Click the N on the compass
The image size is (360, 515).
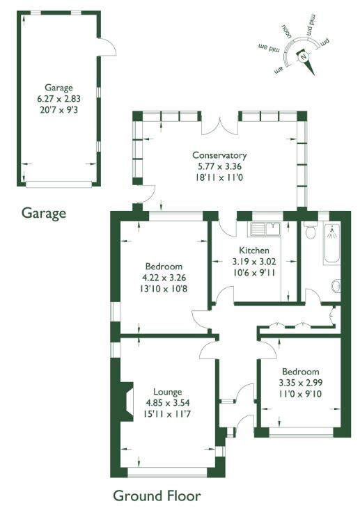click(x=303, y=56)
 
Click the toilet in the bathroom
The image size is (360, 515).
click(x=310, y=230)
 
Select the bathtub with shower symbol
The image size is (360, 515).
click(x=331, y=243)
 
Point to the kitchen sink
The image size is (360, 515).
click(x=265, y=228)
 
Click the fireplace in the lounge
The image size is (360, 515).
click(x=127, y=401)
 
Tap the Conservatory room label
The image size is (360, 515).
click(x=219, y=155)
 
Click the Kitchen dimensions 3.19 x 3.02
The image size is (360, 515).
click(x=254, y=262)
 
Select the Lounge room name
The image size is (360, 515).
click(x=168, y=392)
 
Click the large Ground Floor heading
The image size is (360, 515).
click(x=157, y=496)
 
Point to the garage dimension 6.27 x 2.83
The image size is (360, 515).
click(x=58, y=99)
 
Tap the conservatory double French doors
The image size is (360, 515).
click(x=219, y=126)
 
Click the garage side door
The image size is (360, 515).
click(x=107, y=47)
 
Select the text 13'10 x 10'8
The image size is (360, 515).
click(x=164, y=289)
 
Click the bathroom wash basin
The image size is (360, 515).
click(x=336, y=286)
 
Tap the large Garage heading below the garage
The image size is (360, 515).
click(x=44, y=214)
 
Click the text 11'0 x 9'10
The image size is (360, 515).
click(x=301, y=394)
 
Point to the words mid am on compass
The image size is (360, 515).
click(x=269, y=47)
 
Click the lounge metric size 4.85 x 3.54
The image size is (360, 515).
click(x=168, y=403)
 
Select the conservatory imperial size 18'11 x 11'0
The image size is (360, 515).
click(x=219, y=177)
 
